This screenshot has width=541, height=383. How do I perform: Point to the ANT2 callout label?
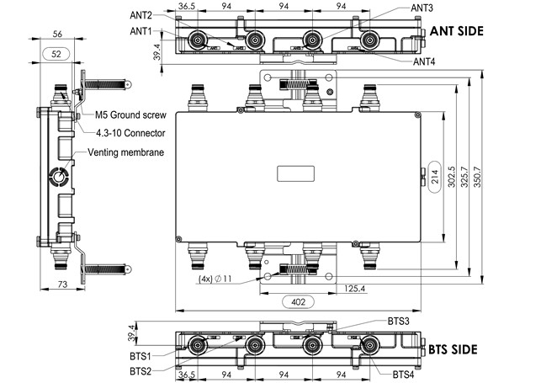tap(141, 16)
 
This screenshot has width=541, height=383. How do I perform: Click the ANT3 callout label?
tap(422, 8)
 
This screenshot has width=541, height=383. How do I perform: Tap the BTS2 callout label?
tap(141, 370)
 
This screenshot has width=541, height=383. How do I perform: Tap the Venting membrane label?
tap(126, 152)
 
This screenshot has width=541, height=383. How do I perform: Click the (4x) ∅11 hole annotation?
tap(215, 278)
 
